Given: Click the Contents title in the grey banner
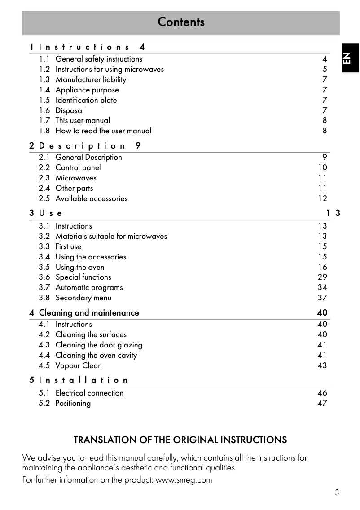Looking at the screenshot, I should tap(181, 22).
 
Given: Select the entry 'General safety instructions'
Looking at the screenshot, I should tap(99, 59).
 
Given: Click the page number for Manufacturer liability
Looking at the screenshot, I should tap(325, 79).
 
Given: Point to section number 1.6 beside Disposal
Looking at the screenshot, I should tap(44, 110).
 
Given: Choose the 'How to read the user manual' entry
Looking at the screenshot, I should tap(103, 131).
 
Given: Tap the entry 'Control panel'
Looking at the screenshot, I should tap(78, 167).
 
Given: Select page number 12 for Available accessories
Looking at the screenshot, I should tap(322, 198).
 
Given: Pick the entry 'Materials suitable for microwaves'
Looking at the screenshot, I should tap(111, 236).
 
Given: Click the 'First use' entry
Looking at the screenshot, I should tap(68, 246).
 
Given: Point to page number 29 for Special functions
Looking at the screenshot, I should tap(322, 277).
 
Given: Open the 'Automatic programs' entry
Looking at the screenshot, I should tap(89, 287).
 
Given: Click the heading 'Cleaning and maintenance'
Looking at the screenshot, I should tap(89, 312).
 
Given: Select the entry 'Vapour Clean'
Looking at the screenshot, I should tap(79, 365).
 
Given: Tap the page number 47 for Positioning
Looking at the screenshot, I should tap(322, 403).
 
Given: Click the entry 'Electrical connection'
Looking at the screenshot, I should tap(89, 393).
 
